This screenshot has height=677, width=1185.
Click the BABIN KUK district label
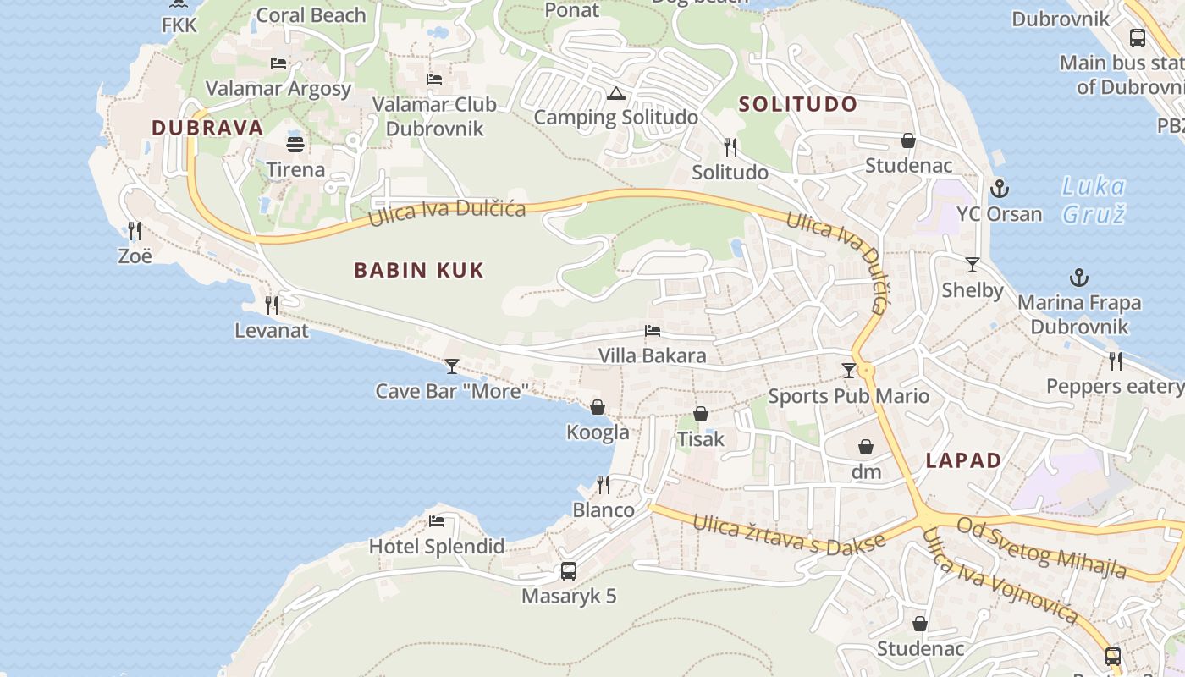coord(419,271)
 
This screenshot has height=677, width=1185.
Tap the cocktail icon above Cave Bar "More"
coord(452,366)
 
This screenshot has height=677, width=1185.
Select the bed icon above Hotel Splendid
coord(437,520)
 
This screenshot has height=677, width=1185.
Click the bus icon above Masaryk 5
coord(569,571)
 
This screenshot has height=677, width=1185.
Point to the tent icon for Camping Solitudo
coord(615,93)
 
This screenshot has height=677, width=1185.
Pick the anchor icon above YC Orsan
coord(1000,188)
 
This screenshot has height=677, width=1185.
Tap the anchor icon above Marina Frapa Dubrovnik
coord(1079,278)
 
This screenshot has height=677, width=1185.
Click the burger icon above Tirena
coord(295,144)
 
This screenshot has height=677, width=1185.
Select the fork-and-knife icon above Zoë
coord(135,230)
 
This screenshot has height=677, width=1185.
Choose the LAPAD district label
coord(963,461)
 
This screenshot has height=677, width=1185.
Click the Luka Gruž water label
coord(1094,200)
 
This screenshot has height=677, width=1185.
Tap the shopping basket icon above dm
coord(866,447)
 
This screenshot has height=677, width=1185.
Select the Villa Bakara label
coord(652,355)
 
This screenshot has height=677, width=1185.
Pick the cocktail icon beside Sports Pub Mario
coord(849,370)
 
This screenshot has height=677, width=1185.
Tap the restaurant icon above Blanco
coord(604,485)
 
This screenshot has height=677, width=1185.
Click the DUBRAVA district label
coord(207,128)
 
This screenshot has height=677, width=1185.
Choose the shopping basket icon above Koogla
coord(598,407)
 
